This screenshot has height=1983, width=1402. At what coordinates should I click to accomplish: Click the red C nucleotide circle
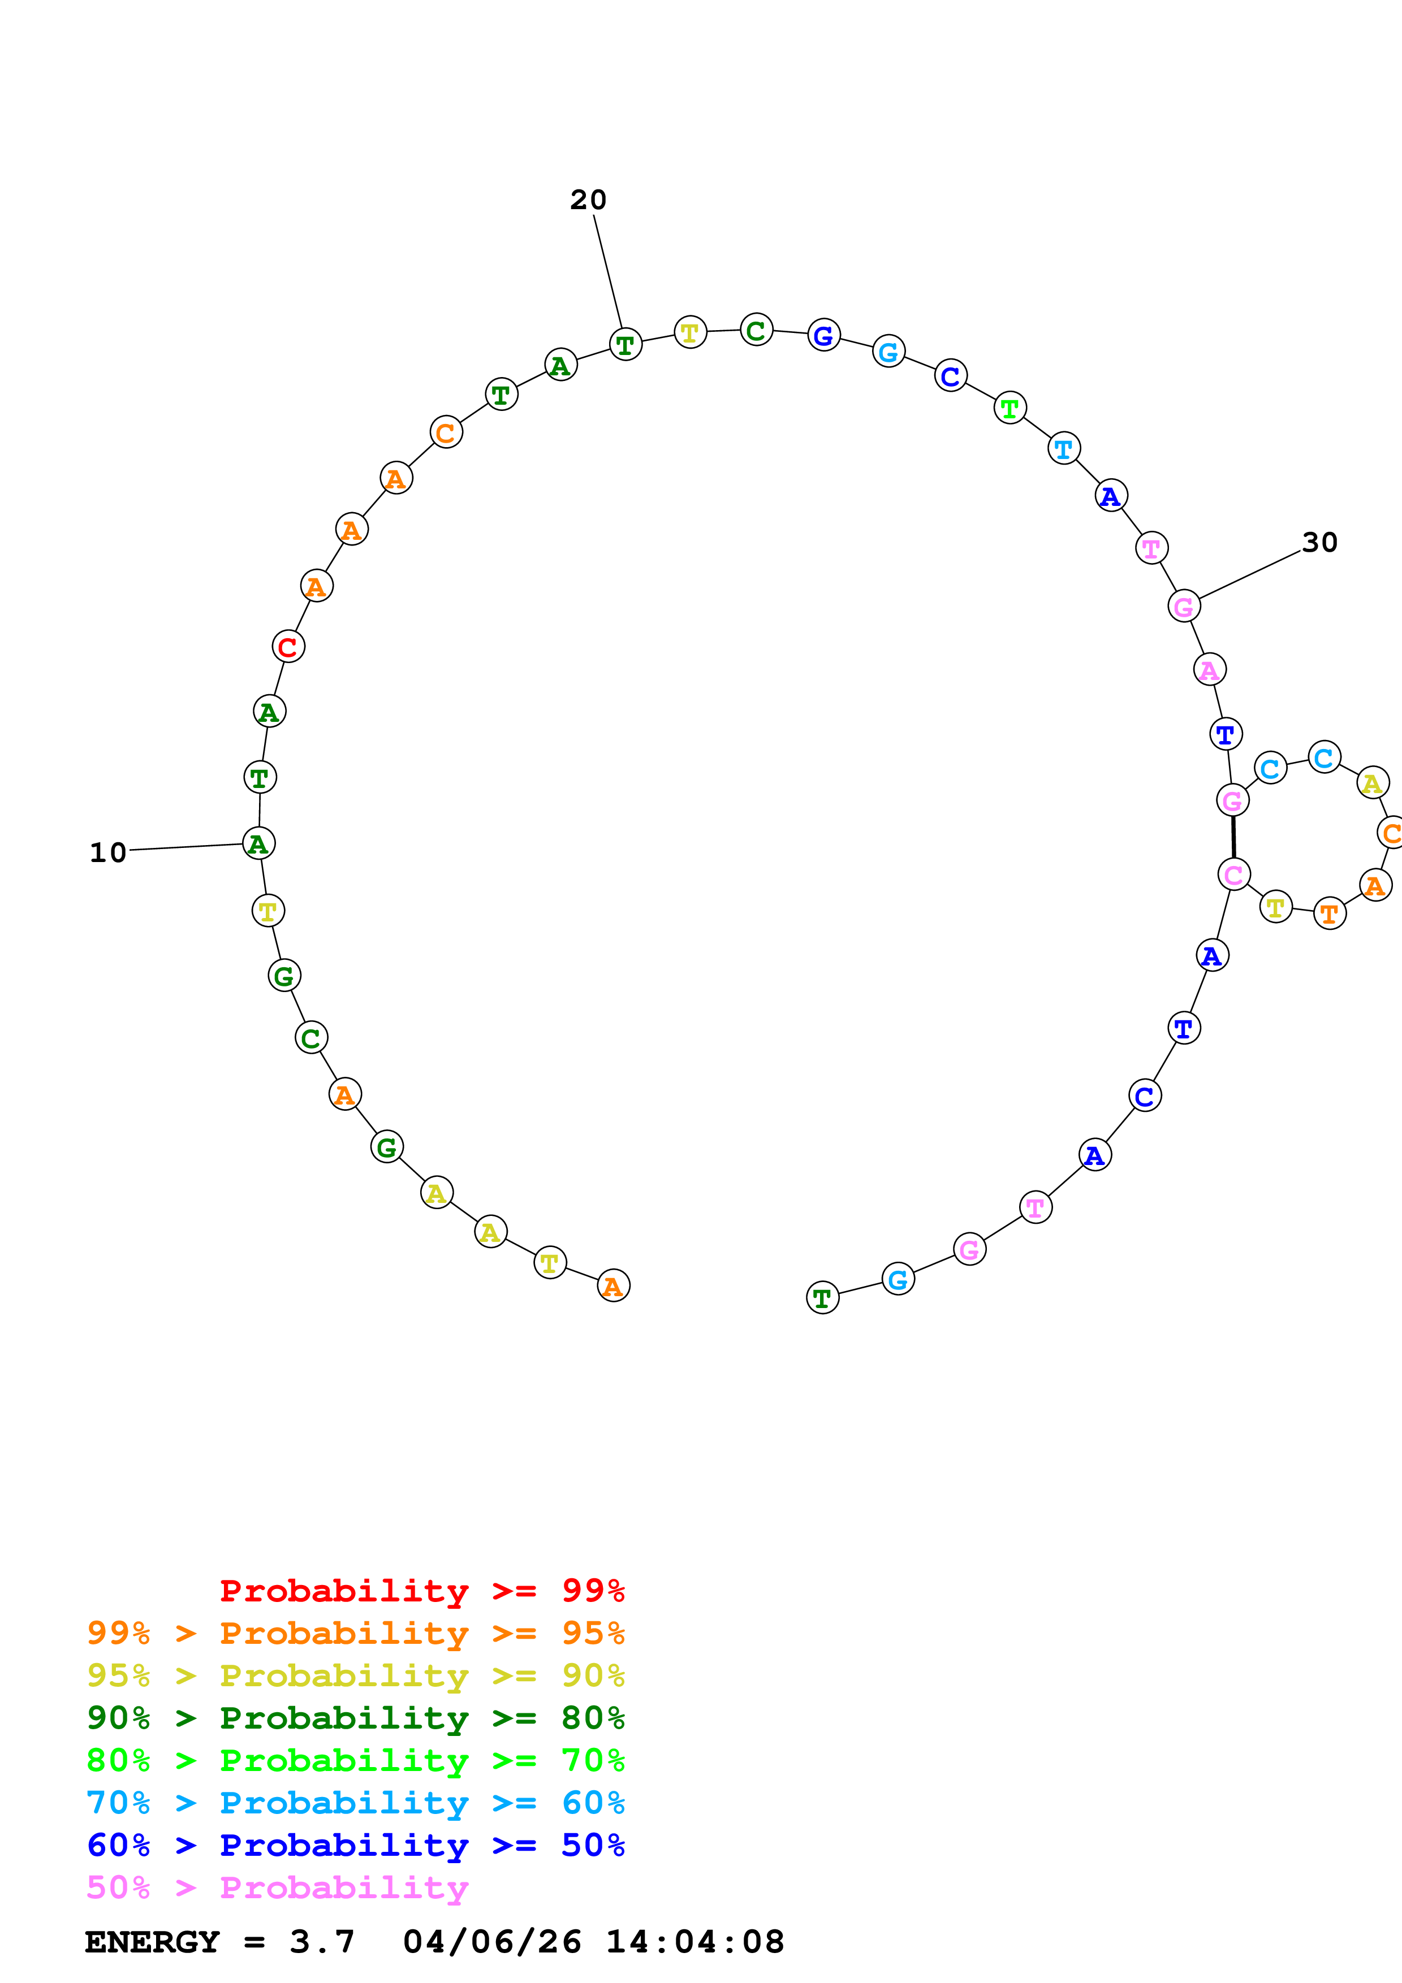coord(288,646)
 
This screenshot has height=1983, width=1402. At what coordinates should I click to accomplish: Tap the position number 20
coord(588,200)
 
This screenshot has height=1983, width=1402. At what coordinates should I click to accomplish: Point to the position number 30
coord(1319,543)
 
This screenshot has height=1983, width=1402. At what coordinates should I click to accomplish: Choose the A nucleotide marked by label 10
coord(258,844)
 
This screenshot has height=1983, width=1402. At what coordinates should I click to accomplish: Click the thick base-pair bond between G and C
coord(1233,837)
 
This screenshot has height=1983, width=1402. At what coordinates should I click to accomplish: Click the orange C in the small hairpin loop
coord(1391,833)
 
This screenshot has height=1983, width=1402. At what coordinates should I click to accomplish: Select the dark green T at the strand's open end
coord(822,1297)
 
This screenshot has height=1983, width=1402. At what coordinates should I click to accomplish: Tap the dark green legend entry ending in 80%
coord(355,1718)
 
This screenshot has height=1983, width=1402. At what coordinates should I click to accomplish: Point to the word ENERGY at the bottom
coord(152,1942)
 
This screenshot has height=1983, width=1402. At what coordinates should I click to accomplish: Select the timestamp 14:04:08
coord(694,1942)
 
